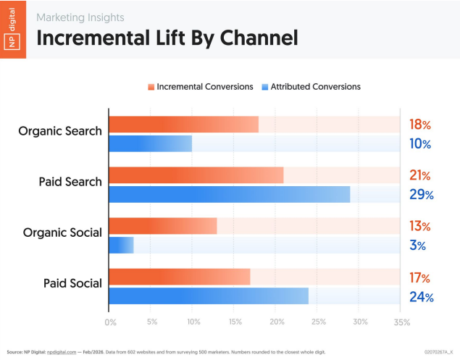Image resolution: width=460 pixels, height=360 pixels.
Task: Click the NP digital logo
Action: point(13,30)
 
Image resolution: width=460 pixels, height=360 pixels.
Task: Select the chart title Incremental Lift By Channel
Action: point(167,37)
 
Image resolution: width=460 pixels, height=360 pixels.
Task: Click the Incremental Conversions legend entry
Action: point(200,86)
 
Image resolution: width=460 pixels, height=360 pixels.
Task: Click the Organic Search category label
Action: point(60,132)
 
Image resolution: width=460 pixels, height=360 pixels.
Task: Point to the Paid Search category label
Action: point(70,182)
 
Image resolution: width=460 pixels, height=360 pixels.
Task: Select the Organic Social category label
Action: point(62,233)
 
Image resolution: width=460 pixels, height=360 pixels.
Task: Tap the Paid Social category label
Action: point(72,282)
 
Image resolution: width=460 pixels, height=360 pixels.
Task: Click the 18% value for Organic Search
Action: point(419,125)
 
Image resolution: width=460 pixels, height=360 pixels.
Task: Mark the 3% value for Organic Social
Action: point(417,246)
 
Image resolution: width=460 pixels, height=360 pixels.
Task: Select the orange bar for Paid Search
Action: point(196,175)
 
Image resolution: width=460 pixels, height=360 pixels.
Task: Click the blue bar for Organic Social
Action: point(121,245)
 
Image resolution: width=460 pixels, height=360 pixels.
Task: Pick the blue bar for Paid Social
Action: point(208,296)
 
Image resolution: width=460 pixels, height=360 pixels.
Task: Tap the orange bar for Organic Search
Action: point(183,124)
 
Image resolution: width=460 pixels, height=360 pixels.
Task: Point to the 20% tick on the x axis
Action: point(275,322)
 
